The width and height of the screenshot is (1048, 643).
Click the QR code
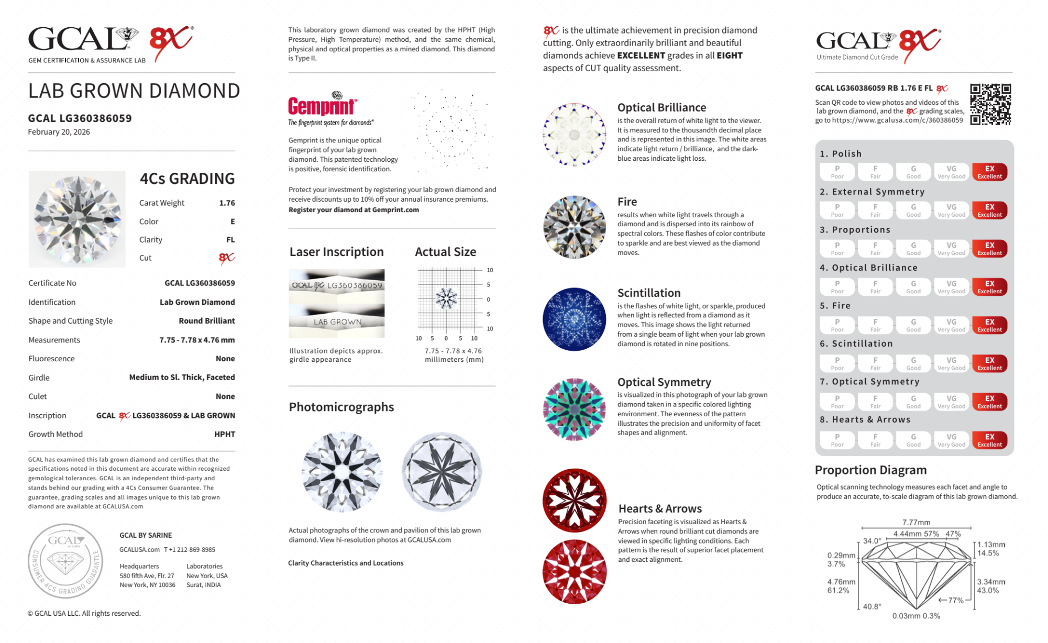(990, 104)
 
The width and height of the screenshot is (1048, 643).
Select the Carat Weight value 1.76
(227, 203)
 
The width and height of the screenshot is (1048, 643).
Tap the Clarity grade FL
(230, 240)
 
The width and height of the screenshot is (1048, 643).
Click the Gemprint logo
(323, 105)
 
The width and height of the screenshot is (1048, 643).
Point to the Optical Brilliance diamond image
(574, 135)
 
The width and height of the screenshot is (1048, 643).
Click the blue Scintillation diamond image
(574, 319)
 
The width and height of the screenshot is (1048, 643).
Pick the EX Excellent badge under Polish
(989, 172)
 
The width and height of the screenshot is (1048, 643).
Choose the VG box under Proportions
(951, 248)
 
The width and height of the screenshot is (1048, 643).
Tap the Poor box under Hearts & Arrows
(837, 440)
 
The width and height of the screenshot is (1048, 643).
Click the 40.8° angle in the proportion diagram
(872, 606)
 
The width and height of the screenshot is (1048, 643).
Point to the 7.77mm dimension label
(916, 522)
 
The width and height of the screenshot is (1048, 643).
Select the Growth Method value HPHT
(225, 434)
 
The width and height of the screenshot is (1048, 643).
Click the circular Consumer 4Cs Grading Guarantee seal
(65, 561)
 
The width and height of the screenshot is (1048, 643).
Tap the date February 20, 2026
(59, 132)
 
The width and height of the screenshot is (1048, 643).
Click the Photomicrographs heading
(341, 407)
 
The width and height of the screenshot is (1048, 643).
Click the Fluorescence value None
(225, 359)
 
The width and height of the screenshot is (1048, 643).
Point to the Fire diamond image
(574, 227)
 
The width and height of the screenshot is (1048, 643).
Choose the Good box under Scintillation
(913, 363)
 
